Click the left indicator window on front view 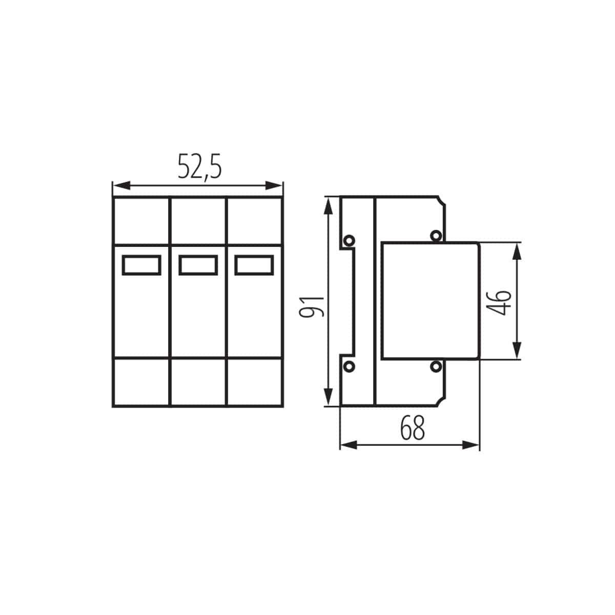coord(142,265)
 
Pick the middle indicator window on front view coord(198,265)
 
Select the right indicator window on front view coord(255,265)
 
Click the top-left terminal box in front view coord(141,221)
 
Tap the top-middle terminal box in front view coord(198,221)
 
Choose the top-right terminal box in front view coord(254,221)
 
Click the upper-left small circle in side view coord(349,240)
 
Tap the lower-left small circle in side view coord(349,366)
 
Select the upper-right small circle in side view coord(436,236)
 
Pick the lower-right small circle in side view coord(436,366)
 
